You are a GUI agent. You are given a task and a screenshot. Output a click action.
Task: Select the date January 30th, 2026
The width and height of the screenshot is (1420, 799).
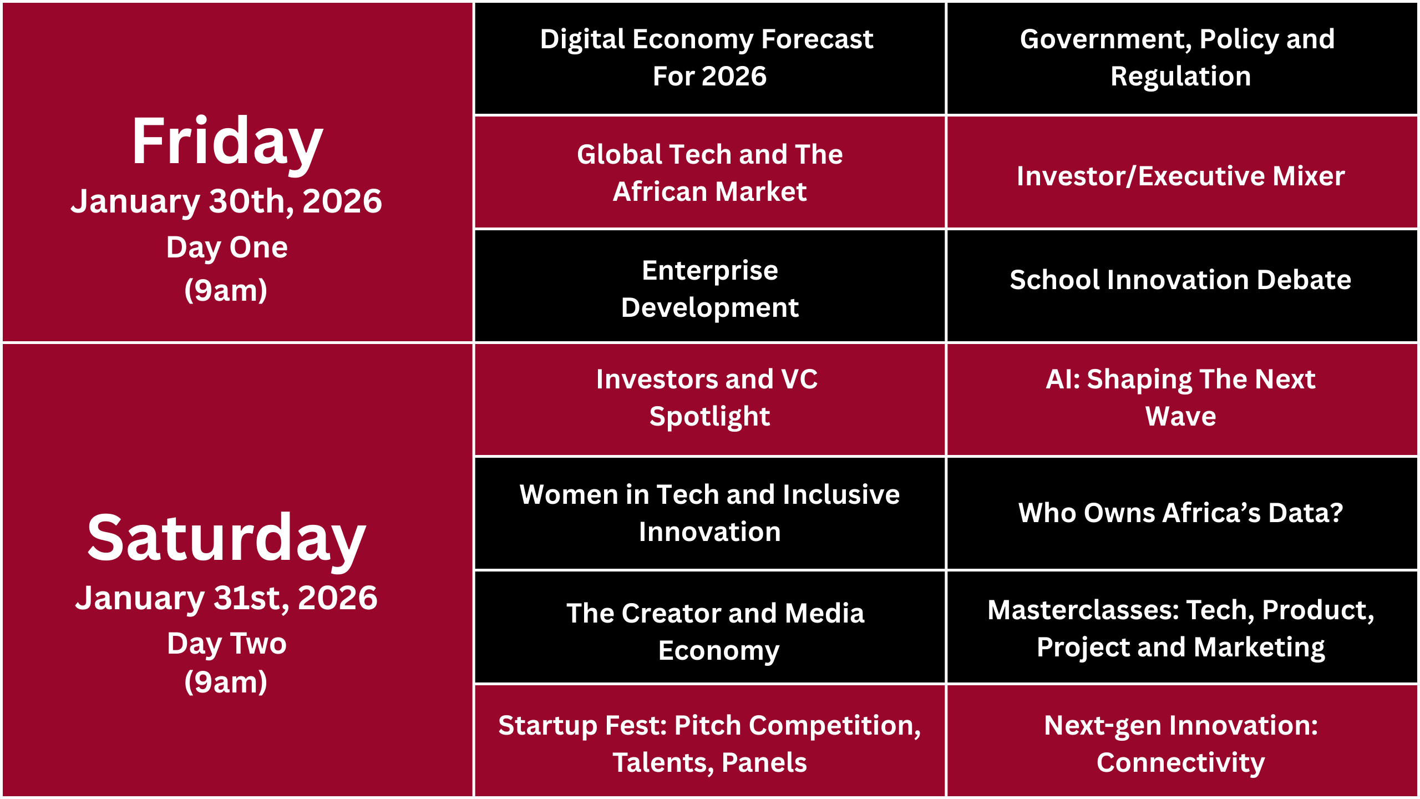click(x=227, y=201)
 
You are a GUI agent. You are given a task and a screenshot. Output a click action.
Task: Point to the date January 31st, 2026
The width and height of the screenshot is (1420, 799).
click(x=227, y=598)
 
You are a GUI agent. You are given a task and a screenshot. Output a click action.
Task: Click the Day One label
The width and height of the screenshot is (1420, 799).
click(x=227, y=247)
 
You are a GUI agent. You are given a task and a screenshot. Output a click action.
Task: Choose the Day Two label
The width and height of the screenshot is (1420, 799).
click(x=227, y=644)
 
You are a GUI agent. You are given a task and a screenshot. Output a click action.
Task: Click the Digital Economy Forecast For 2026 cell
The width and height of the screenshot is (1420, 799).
click(x=709, y=58)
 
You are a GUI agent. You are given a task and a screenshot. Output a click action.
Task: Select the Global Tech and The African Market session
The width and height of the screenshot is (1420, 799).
click(x=709, y=172)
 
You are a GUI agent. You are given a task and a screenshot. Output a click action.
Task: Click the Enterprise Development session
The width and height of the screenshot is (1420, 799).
click(x=709, y=286)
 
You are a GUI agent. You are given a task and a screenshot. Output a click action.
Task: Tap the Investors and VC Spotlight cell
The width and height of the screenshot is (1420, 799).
click(x=709, y=399)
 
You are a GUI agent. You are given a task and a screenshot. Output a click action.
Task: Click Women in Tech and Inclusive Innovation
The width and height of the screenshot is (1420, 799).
click(x=709, y=513)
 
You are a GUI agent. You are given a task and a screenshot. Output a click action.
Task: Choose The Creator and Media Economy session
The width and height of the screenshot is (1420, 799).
click(x=709, y=627)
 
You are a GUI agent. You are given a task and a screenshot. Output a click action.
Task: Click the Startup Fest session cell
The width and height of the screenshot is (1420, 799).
click(x=709, y=741)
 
